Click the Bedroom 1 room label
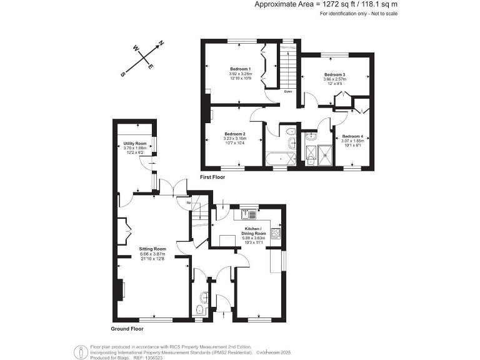240,68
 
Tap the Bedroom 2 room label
235,134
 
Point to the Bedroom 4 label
352,136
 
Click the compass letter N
161,44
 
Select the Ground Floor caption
127,328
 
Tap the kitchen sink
248,215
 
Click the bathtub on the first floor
276,159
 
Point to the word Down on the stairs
287,91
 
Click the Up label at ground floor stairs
187,201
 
